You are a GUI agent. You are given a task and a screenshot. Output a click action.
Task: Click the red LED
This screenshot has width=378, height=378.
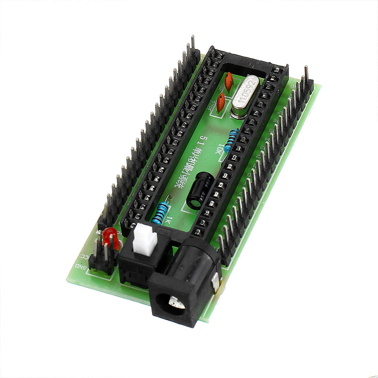click(110, 237)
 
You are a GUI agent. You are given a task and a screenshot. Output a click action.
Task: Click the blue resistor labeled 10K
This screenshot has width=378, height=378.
click(231, 139)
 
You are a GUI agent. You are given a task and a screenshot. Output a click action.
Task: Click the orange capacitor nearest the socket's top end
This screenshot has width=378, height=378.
click(229, 81)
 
